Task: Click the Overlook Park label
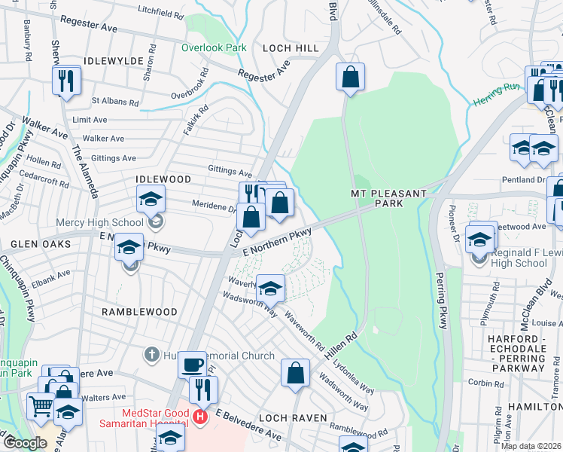[x=214, y=47]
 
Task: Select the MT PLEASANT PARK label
[x=389, y=199]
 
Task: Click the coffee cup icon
[x=192, y=364]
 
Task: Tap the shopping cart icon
[x=41, y=406]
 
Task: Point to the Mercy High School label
[x=99, y=222]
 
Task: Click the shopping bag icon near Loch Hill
[x=350, y=76]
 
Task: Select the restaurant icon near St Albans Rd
[x=66, y=80]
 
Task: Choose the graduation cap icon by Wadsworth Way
[x=270, y=289]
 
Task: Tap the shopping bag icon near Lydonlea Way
[x=296, y=372]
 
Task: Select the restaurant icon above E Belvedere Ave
[x=202, y=389]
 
